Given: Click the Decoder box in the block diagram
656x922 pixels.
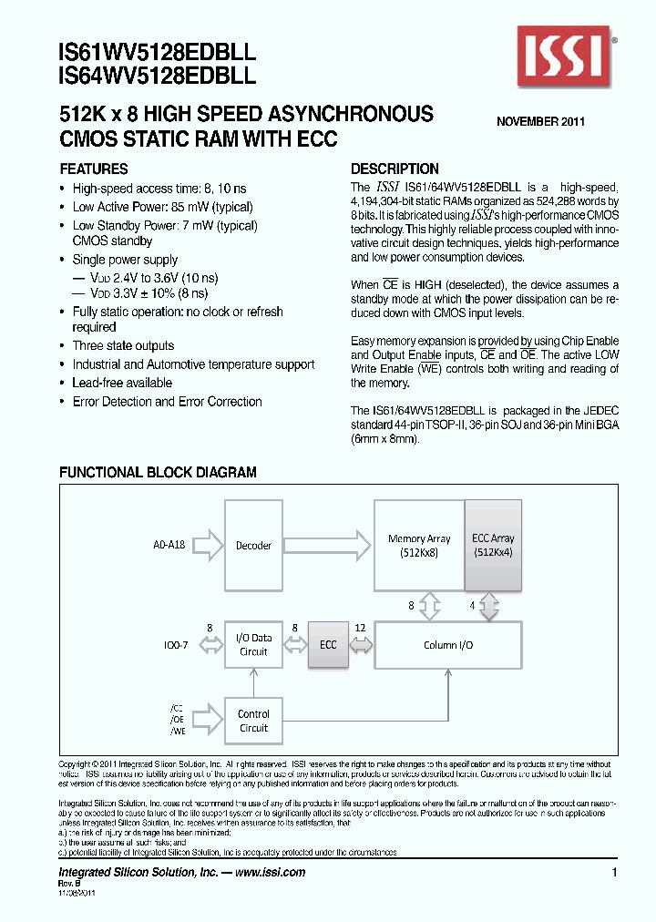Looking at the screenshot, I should click(253, 546).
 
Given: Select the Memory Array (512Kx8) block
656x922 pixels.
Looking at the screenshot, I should click(419, 546).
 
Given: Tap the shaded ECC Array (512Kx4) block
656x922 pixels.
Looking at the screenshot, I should click(493, 546).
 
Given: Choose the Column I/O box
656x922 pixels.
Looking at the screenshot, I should click(448, 645).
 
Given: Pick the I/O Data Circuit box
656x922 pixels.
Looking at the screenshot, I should click(253, 645).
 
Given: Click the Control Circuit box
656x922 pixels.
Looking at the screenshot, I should click(253, 721).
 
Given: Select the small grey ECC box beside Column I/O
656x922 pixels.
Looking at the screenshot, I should click(328, 645).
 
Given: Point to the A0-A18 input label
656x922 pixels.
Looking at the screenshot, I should click(169, 546).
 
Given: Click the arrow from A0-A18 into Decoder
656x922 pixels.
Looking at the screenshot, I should click(208, 546).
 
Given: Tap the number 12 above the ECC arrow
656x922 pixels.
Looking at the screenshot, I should click(361, 628).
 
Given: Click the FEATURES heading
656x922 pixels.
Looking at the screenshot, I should click(94, 169).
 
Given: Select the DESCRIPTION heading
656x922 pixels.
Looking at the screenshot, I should click(395, 169).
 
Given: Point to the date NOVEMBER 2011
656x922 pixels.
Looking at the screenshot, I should click(540, 122).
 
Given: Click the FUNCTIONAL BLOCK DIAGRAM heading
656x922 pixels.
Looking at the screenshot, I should click(158, 473).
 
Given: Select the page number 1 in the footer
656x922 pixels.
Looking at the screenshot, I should click(615, 873).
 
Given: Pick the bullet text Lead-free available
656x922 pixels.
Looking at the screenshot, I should click(122, 384).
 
